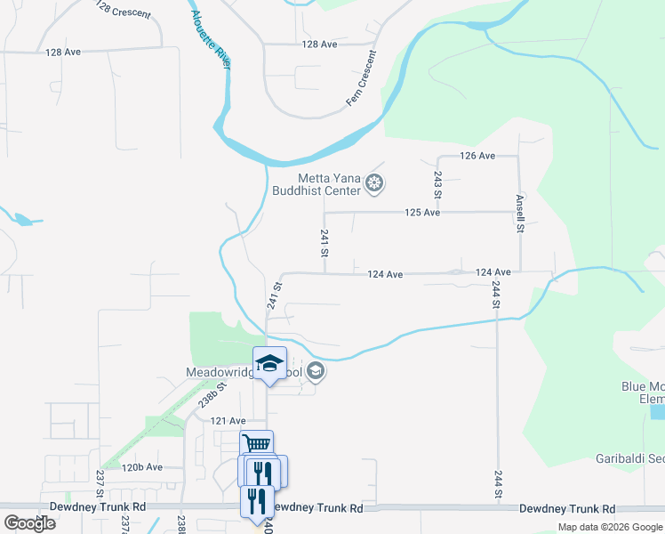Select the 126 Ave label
click(x=477, y=156)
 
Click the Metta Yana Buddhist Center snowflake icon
click(x=375, y=184)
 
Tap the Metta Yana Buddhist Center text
click(x=329, y=183)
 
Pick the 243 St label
click(x=438, y=184)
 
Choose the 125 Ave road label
click(x=422, y=213)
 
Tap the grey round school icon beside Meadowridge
click(x=316, y=373)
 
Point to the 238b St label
click(x=208, y=395)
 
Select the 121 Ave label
click(x=228, y=420)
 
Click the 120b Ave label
click(x=142, y=466)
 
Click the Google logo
click(x=30, y=522)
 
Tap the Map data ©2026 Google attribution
click(x=610, y=527)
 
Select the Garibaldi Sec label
click(x=629, y=459)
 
